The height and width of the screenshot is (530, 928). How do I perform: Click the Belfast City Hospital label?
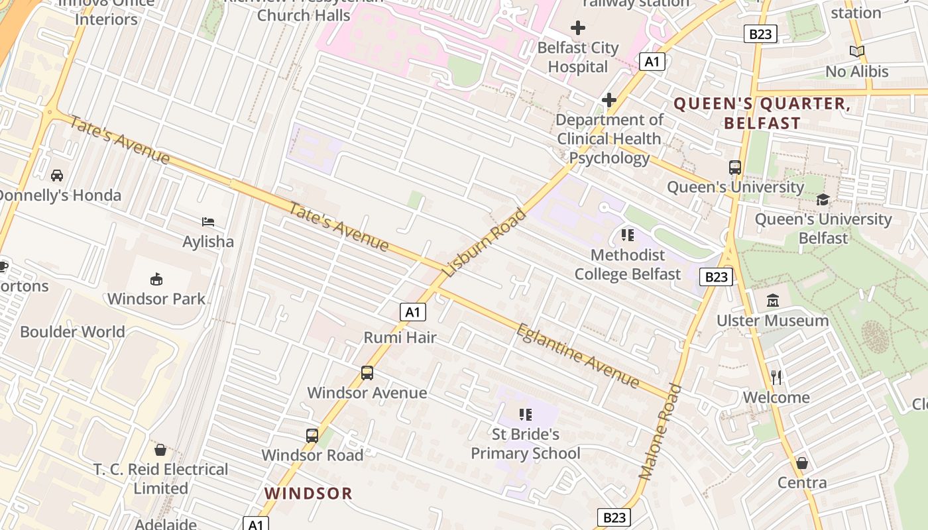pyautogui.click(x=577, y=57)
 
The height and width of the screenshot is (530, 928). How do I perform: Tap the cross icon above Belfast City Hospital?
pyautogui.click(x=578, y=28)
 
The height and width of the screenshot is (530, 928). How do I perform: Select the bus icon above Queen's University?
pyautogui.click(x=735, y=168)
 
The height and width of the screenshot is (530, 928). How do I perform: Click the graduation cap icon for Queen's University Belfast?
pyautogui.click(x=823, y=199)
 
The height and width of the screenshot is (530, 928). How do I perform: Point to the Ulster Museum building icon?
pyautogui.click(x=772, y=301)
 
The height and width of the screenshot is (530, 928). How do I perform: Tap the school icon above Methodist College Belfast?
pyautogui.click(x=627, y=235)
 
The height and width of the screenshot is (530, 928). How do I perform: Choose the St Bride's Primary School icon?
pyautogui.click(x=526, y=415)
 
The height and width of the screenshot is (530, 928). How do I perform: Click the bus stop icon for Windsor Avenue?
pyautogui.click(x=367, y=373)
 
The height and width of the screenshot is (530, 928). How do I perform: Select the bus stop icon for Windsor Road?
pyautogui.click(x=312, y=436)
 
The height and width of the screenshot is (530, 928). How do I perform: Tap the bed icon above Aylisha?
pyautogui.click(x=208, y=222)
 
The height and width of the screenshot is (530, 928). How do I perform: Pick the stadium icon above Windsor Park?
pyautogui.click(x=156, y=279)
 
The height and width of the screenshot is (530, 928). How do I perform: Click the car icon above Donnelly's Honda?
pyautogui.click(x=57, y=176)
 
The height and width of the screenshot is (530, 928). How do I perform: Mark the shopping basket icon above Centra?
pyautogui.click(x=802, y=463)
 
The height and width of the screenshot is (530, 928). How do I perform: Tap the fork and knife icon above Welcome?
pyautogui.click(x=776, y=378)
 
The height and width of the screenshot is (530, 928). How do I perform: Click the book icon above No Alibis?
pyautogui.click(x=857, y=51)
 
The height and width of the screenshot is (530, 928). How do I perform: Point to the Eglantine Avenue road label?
pyautogui.click(x=577, y=356)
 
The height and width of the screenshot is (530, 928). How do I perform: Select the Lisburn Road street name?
pyautogui.click(x=485, y=242)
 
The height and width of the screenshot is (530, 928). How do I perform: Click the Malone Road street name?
pyautogui.click(x=660, y=431)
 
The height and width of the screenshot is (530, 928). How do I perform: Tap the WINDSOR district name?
pyautogui.click(x=308, y=493)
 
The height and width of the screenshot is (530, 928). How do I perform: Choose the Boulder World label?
pyautogui.click(x=72, y=332)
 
